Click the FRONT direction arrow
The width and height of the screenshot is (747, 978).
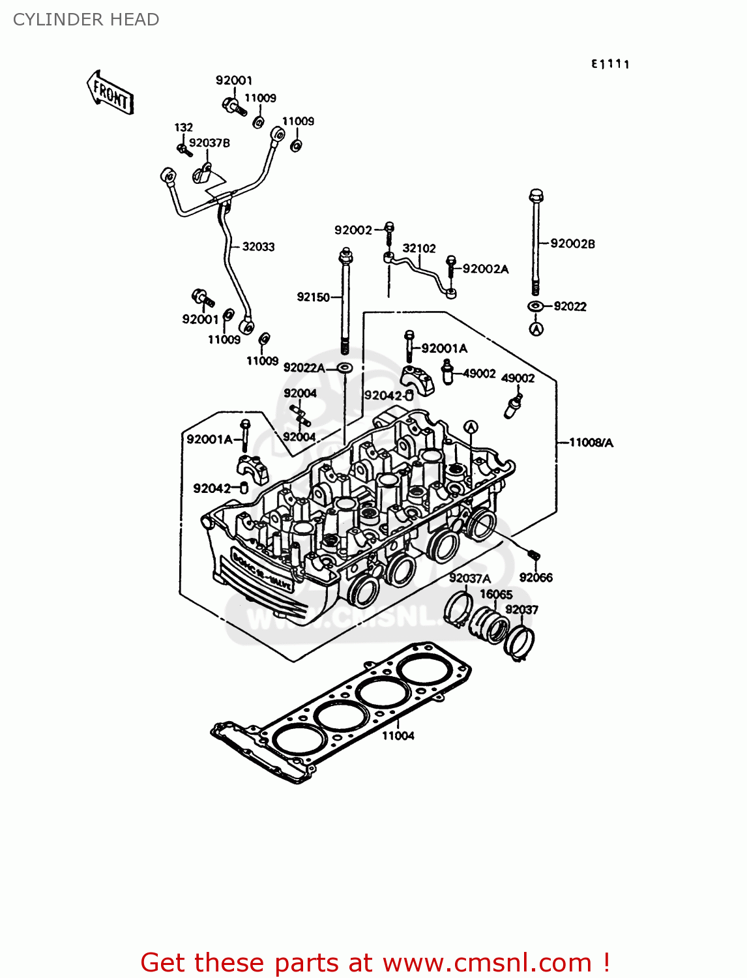click(110, 93)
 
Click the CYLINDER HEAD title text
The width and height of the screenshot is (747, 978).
click(86, 20)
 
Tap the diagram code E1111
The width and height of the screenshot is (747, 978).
click(610, 64)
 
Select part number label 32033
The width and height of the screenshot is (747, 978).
click(258, 246)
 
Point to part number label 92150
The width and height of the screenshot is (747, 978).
click(313, 297)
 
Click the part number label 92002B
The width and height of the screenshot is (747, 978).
click(572, 243)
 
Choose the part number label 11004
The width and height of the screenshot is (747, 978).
click(398, 735)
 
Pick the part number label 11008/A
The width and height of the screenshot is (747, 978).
click(591, 443)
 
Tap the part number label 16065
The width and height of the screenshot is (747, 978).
click(496, 594)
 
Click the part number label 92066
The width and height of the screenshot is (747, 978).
click(536, 577)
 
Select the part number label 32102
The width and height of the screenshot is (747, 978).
click(419, 248)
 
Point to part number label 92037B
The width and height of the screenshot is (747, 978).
click(209, 143)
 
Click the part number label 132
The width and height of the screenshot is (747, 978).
click(183, 127)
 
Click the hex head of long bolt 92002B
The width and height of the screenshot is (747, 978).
click(536, 195)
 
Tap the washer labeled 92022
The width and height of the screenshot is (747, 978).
click(535, 306)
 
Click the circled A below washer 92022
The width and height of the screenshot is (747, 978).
click(536, 329)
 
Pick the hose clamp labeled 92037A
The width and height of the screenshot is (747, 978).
click(459, 607)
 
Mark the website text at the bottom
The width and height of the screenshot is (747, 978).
click(375, 962)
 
